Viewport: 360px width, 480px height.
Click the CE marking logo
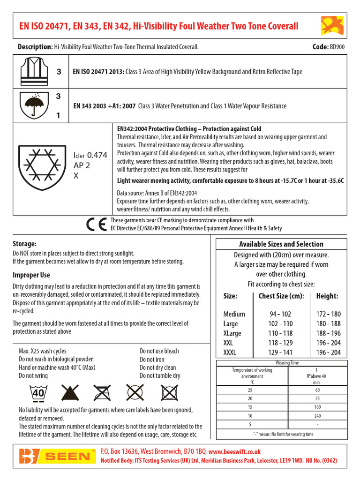(x=97, y=225)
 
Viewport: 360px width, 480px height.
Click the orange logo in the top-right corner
(x=332, y=25)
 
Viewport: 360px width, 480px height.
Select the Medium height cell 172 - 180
(x=329, y=314)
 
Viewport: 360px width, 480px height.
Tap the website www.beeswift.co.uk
(x=234, y=451)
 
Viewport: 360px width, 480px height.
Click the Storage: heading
(x=24, y=243)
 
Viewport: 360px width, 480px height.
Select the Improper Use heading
(x=31, y=275)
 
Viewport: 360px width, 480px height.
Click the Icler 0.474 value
(x=90, y=155)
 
